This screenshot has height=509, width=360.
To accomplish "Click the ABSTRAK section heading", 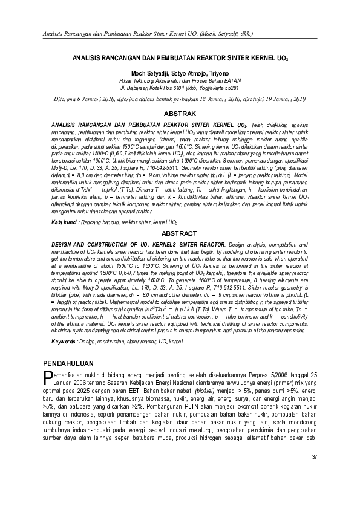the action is click(180, 114).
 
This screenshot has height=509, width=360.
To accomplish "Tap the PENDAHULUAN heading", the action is click(71, 363).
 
